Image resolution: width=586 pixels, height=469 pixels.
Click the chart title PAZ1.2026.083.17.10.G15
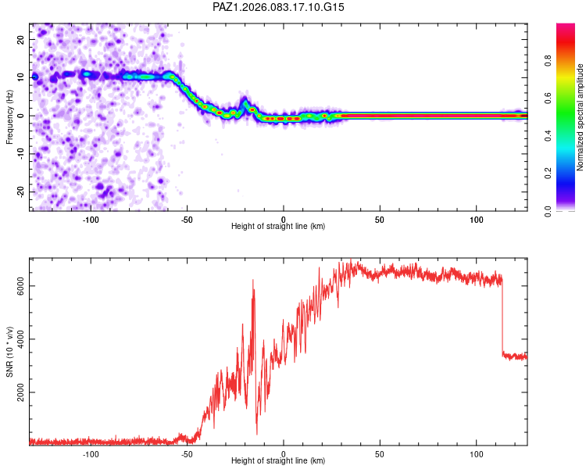[x=279, y=7]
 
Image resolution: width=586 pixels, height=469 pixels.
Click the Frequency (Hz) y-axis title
[x=10, y=116]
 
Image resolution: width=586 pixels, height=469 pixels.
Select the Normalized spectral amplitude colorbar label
[x=581, y=118]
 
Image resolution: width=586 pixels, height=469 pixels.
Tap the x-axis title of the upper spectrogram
[x=278, y=226]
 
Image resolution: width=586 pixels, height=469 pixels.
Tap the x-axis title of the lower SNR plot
[x=278, y=461]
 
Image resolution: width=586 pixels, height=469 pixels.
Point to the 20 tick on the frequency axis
[x=22, y=39]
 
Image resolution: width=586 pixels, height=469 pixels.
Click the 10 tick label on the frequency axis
[x=22, y=77]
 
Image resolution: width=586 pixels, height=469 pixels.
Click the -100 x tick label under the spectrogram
[x=91, y=218]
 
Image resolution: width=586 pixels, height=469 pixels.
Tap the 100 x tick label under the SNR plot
[x=477, y=453]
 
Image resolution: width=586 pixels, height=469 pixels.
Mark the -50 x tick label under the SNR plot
[x=187, y=453]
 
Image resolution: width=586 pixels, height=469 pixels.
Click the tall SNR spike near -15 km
[x=253, y=281]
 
